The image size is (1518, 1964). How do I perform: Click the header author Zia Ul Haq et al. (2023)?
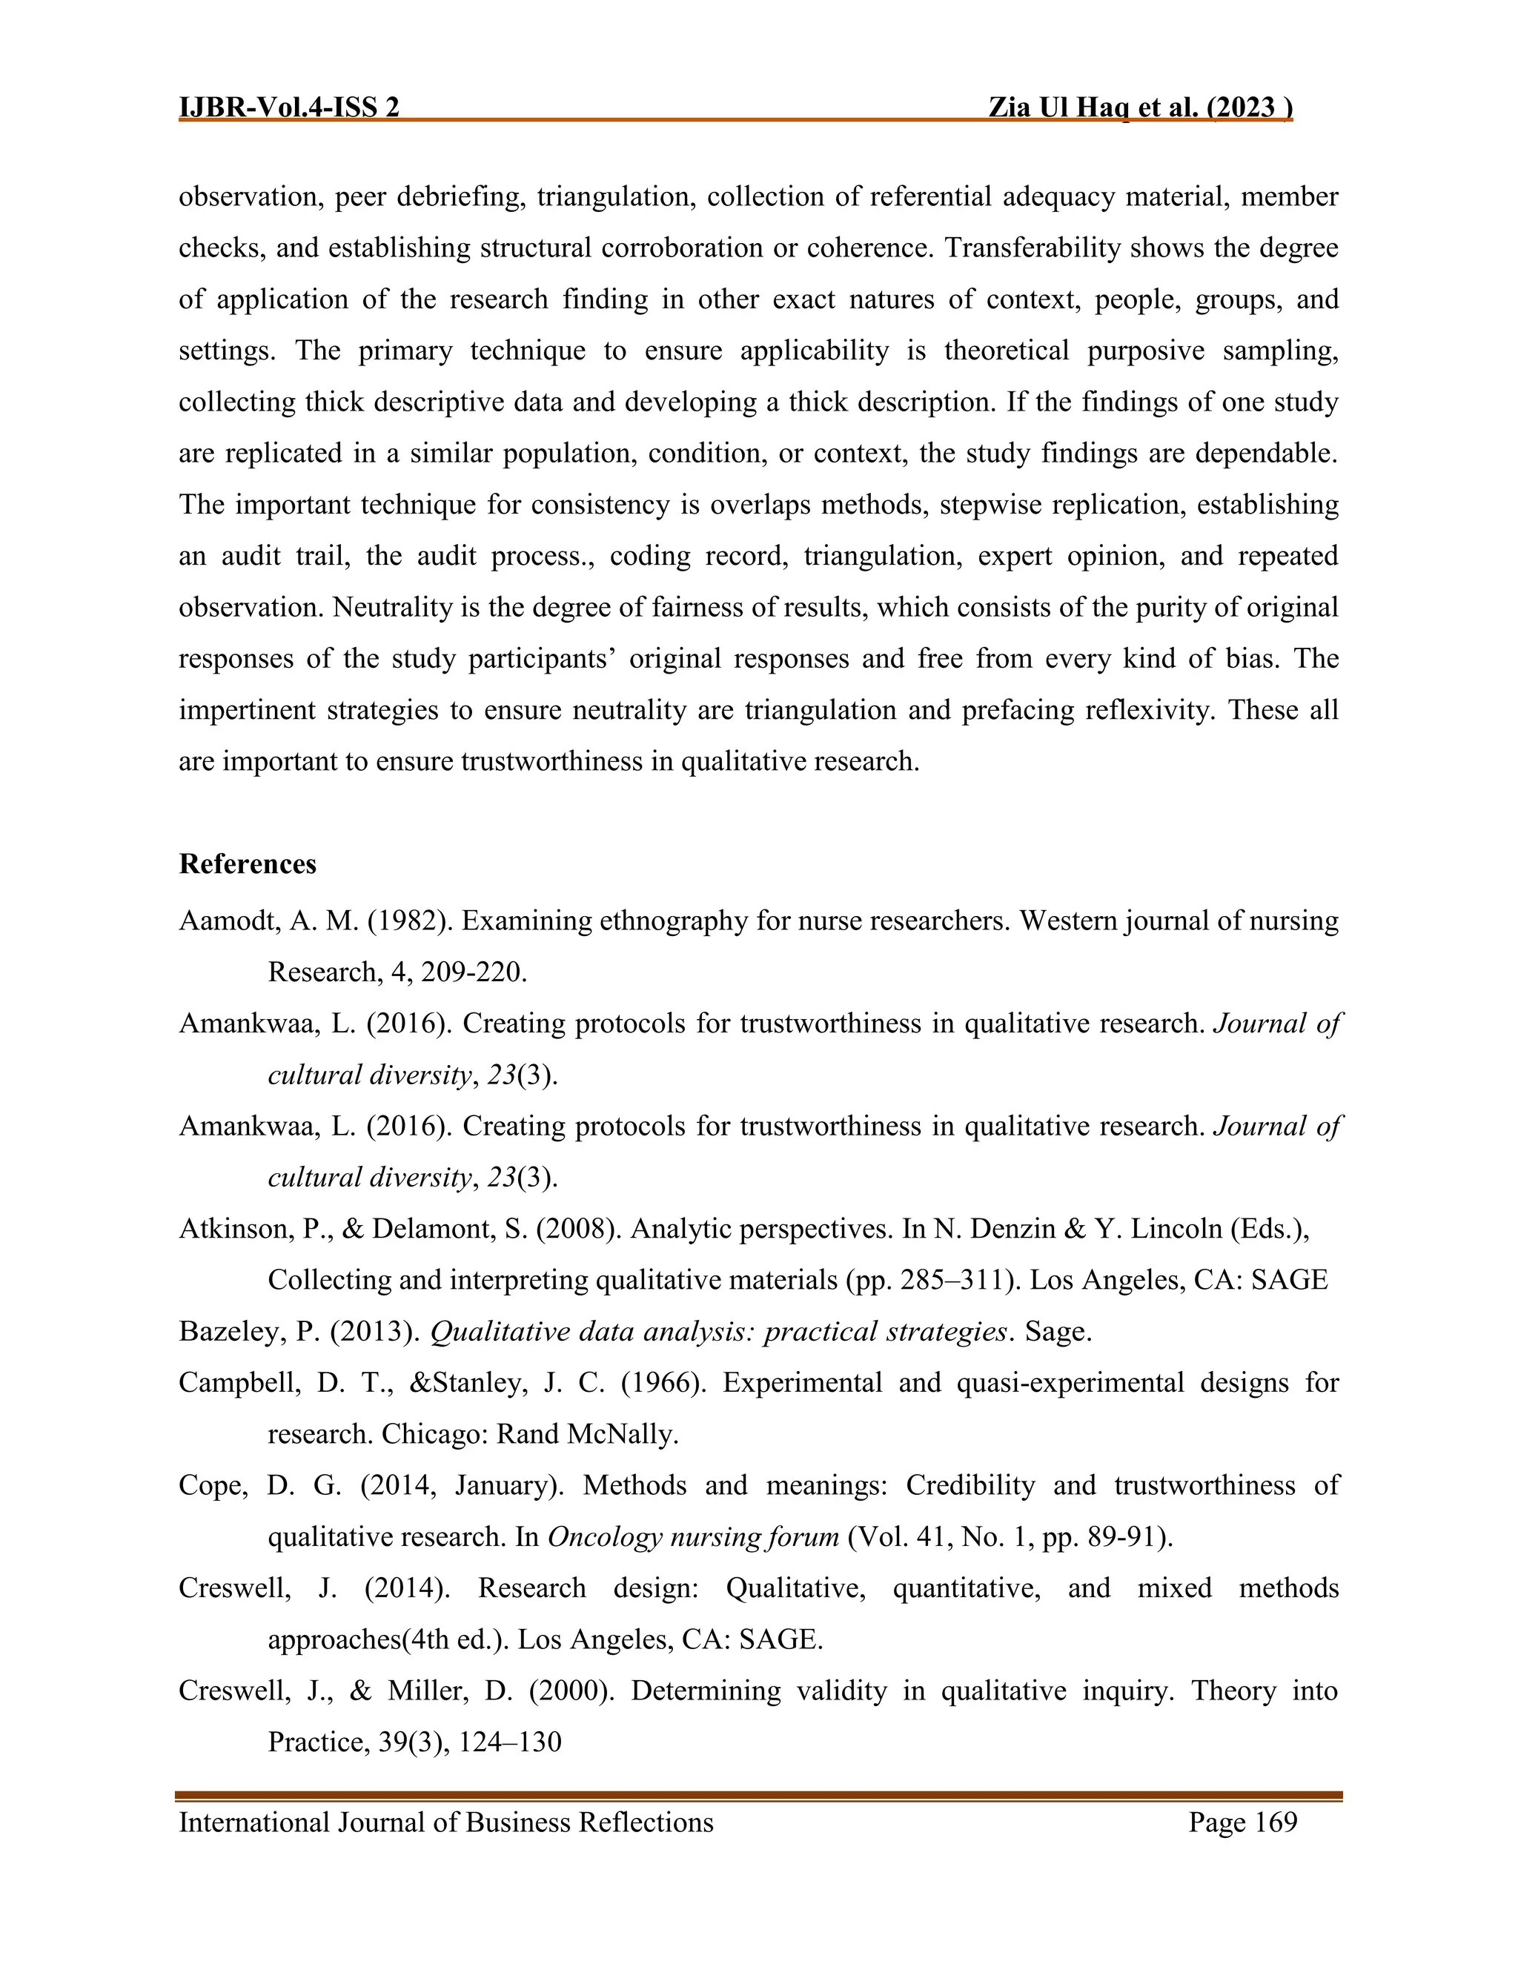click(1139, 108)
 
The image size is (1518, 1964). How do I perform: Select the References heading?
click(248, 864)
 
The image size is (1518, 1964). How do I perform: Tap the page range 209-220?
click(473, 972)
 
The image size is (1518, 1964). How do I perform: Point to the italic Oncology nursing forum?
click(692, 1537)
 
